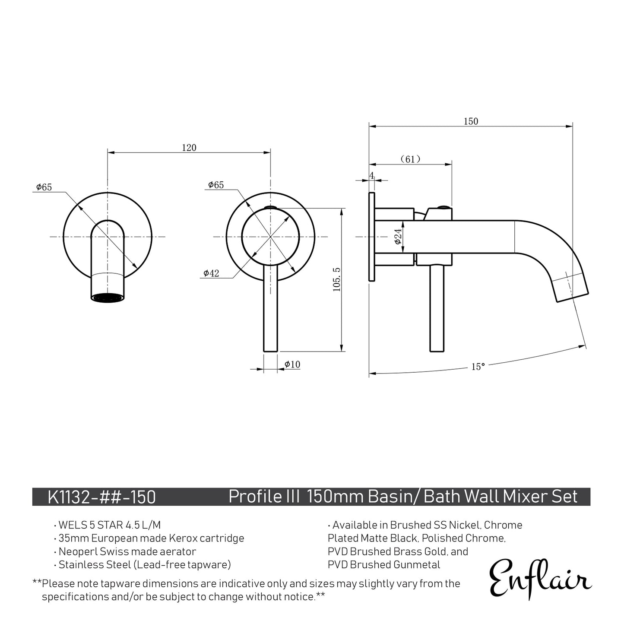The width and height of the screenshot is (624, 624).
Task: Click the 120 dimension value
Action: [x=189, y=148]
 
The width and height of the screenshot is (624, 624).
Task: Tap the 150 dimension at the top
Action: [x=471, y=121]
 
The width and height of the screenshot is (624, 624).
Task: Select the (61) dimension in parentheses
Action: [x=410, y=159]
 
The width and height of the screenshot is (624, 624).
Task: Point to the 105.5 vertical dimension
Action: [x=337, y=279]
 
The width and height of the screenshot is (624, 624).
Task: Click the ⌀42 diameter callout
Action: [x=211, y=273]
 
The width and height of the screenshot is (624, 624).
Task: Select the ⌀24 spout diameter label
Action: [x=398, y=237]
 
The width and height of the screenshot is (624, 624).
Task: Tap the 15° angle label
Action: [x=478, y=367]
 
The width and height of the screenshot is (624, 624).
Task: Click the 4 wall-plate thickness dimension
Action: [x=371, y=175]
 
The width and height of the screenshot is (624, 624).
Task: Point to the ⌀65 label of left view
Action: [x=44, y=187]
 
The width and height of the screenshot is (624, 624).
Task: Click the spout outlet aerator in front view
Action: [x=108, y=298]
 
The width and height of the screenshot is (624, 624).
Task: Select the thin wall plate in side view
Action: [x=371, y=237]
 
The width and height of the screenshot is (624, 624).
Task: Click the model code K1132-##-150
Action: [x=101, y=497]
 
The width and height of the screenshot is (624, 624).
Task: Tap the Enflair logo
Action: [x=540, y=578]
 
